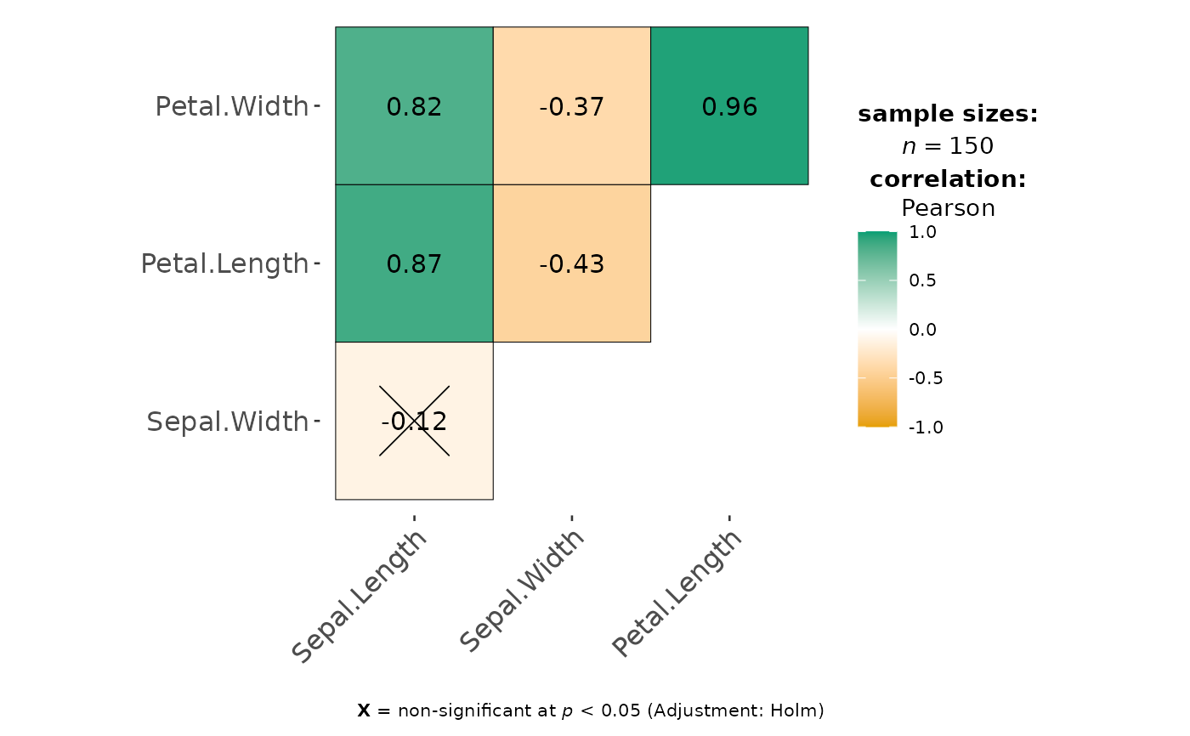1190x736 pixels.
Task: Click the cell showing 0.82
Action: pyautogui.click(x=414, y=106)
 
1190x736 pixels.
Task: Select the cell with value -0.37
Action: pyautogui.click(x=571, y=106)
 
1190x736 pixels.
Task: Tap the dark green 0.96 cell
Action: pyautogui.click(x=729, y=106)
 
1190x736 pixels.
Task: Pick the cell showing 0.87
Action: pyautogui.click(x=414, y=263)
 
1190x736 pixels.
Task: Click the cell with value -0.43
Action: pyautogui.click(x=571, y=263)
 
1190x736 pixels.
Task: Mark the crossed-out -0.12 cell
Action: pyautogui.click(x=414, y=421)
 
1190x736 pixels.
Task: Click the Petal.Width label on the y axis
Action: pyautogui.click(x=231, y=107)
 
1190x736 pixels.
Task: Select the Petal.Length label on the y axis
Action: pyautogui.click(x=224, y=264)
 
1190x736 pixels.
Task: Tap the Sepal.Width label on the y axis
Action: pyautogui.click(x=227, y=422)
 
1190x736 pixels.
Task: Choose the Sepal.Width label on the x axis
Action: pyautogui.click(x=523, y=591)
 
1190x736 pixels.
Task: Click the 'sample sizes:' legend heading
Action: pyautogui.click(x=948, y=114)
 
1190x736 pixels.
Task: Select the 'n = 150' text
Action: pyautogui.click(x=948, y=146)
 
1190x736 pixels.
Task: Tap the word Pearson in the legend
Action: pyautogui.click(x=948, y=208)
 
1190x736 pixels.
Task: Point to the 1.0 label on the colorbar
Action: pyautogui.click(x=922, y=232)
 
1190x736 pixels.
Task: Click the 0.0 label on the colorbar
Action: pyautogui.click(x=922, y=330)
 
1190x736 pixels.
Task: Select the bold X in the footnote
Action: pyautogui.click(x=364, y=711)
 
